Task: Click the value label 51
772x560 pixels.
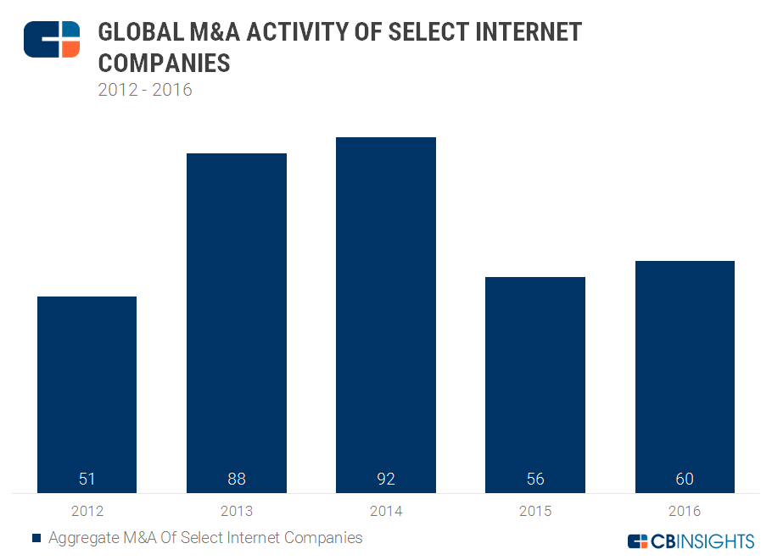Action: [87, 479]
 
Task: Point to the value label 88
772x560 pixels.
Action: [237, 479]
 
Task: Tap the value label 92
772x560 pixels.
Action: [386, 479]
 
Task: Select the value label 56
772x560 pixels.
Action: [535, 479]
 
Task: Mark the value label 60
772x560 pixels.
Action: [685, 479]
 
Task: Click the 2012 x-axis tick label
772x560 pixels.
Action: [87, 511]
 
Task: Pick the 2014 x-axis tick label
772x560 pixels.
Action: [386, 511]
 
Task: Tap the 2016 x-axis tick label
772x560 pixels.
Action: [685, 511]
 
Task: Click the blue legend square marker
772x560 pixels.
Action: [36, 538]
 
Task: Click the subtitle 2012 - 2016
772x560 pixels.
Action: [145, 89]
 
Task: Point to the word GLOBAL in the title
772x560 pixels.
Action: [137, 33]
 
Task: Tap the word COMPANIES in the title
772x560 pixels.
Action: [164, 63]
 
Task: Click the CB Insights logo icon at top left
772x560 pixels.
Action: [52, 40]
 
